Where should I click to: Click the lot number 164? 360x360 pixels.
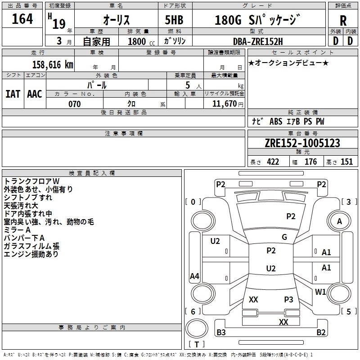[x=22, y=19]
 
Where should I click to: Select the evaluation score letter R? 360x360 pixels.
[x=343, y=21]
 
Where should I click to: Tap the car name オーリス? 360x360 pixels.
[x=117, y=20]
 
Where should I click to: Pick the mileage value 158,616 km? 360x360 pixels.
[x=53, y=64]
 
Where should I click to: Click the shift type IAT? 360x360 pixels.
[x=13, y=94]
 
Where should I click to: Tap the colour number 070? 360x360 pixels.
[x=74, y=104]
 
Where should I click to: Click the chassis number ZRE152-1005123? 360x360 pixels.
[x=302, y=144]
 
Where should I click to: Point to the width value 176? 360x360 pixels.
[x=310, y=162]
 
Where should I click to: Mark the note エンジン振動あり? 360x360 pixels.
[x=31, y=254]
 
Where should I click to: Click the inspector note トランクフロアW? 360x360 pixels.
[x=28, y=181]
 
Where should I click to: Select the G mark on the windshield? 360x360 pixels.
[x=284, y=237]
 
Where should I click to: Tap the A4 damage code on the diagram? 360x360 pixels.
[x=194, y=276]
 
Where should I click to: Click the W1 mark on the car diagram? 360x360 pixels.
[x=320, y=292]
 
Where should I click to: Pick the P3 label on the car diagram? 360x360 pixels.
[x=288, y=299]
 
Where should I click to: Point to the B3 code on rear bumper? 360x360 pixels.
[x=221, y=333]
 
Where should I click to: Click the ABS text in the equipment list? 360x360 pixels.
[x=275, y=121]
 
